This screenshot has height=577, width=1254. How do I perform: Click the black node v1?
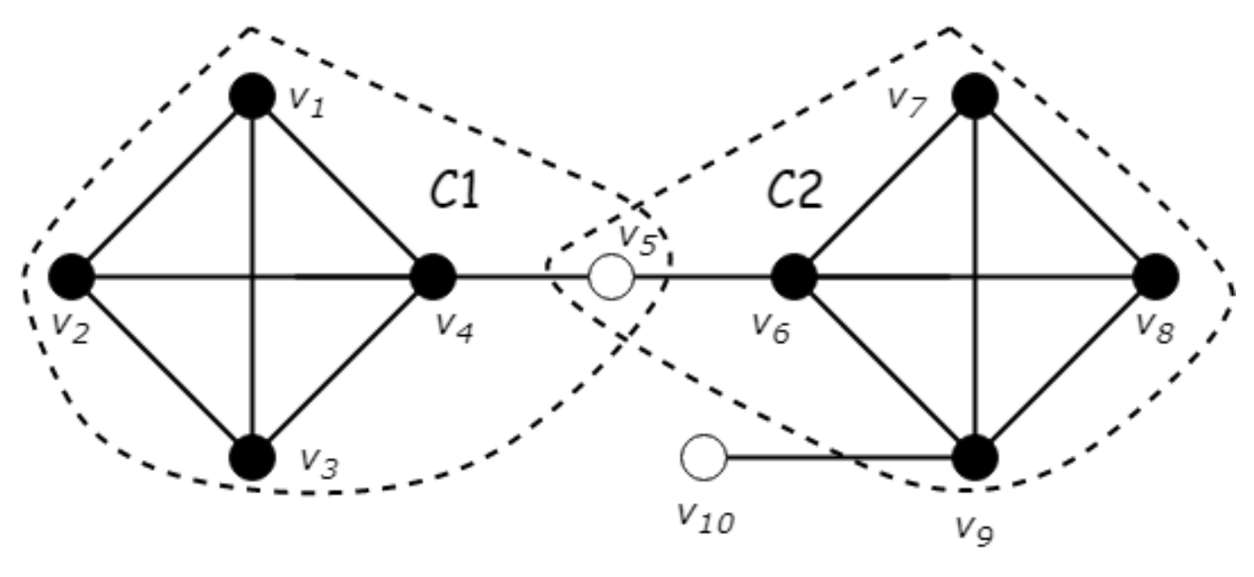point(252,96)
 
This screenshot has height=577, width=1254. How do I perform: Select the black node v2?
point(72,277)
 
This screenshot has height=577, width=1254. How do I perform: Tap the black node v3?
point(252,457)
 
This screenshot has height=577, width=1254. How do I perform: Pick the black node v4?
point(433,277)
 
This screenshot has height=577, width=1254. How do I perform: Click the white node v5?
point(611,277)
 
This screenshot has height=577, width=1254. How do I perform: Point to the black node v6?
point(794,277)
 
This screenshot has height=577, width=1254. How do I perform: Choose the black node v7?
point(975,96)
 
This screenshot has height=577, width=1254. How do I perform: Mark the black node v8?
point(1156,277)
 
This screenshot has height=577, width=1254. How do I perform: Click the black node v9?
point(975,457)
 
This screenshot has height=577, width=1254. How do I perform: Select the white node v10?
point(704,458)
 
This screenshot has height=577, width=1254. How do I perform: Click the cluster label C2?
point(795,191)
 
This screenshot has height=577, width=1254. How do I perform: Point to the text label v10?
point(705,517)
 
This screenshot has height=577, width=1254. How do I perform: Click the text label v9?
point(974,530)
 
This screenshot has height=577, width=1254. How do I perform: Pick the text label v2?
point(70,329)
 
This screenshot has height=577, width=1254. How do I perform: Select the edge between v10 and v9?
point(836,458)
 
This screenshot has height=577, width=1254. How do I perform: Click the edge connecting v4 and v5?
point(522,277)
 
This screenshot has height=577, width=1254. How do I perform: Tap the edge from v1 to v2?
point(162,187)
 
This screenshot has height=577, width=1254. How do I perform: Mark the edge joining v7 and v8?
point(1066,187)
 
